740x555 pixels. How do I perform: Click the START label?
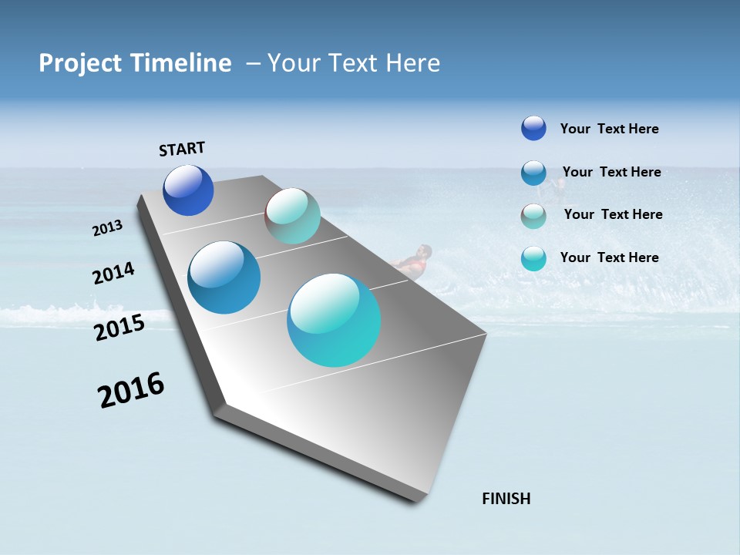pyautogui.click(x=182, y=149)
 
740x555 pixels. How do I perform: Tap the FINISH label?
pyautogui.click(x=506, y=499)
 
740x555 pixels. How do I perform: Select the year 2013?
pyautogui.click(x=107, y=228)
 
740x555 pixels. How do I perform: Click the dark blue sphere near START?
pyautogui.click(x=188, y=190)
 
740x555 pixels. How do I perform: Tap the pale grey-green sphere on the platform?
pyautogui.click(x=292, y=216)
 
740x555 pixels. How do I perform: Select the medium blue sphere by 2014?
pyautogui.click(x=224, y=277)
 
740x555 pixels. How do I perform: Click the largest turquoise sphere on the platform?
pyautogui.click(x=334, y=320)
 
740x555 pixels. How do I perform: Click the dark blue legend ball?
pyautogui.click(x=533, y=128)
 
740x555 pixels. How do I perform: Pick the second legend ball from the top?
pyautogui.click(x=533, y=173)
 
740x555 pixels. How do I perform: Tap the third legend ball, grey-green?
pyautogui.click(x=533, y=216)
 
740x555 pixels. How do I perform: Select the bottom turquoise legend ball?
pyautogui.click(x=533, y=258)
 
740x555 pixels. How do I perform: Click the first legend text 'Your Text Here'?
pyautogui.click(x=609, y=129)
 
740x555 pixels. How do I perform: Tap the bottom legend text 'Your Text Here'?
pyautogui.click(x=609, y=257)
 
